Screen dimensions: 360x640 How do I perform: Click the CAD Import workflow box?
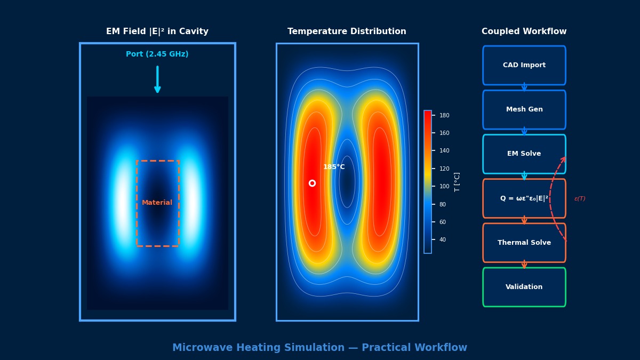pos(524,65)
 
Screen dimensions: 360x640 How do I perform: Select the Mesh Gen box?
pos(524,109)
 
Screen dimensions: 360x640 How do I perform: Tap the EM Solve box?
pos(524,154)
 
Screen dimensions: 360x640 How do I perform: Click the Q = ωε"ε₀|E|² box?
pos(524,198)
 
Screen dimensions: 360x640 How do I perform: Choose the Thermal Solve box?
pos(524,243)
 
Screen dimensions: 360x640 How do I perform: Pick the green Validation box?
pos(524,287)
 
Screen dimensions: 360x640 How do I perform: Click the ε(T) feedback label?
pos(580,199)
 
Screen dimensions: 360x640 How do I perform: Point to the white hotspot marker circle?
pos(312,183)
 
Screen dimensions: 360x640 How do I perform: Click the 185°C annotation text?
pos(334,167)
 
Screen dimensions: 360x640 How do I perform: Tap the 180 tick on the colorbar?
pos(444,115)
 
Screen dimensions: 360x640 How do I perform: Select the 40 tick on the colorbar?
pos(442,239)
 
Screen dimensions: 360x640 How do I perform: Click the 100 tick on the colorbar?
pos(444,186)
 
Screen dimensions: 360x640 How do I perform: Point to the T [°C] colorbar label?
pos(457,182)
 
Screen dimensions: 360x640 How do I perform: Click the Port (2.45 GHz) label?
pos(157,54)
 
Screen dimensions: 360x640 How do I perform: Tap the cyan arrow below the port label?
pos(157,79)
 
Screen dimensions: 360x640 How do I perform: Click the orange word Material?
pos(157,203)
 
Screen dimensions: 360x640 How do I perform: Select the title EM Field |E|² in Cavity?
pos(157,31)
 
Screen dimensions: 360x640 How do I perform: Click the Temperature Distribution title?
pos(347,31)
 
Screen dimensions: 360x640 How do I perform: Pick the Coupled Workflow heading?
pos(524,31)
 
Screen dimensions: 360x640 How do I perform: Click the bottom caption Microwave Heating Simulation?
pos(319,348)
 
